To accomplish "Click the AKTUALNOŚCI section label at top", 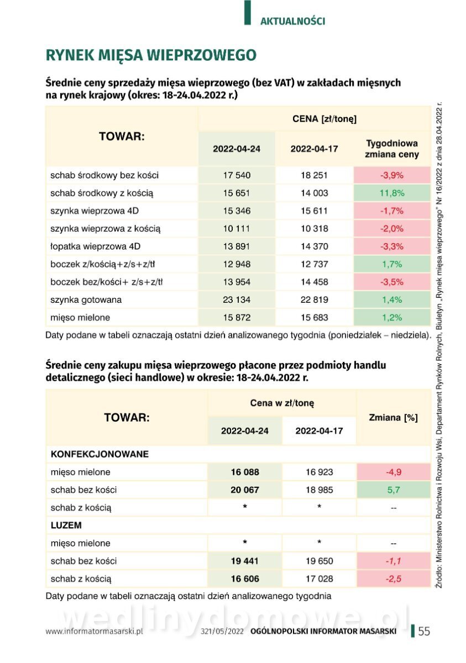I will [292, 21].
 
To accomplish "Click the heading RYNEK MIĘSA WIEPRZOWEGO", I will [151, 55].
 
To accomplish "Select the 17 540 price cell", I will [237, 176].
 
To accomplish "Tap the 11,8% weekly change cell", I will [392, 193].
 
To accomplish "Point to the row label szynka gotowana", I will [86, 300].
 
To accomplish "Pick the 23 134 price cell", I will [237, 300].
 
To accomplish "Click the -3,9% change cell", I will [392, 176].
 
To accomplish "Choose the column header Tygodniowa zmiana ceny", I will [392, 149].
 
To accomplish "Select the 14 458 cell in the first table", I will [314, 282].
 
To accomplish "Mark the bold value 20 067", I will [245, 490].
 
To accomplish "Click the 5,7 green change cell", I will [394, 490].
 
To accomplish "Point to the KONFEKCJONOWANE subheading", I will [100, 454].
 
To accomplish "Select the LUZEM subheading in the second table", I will [66, 525].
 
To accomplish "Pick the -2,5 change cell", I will [394, 578].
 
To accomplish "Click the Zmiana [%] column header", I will [393, 418].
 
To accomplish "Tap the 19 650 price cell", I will [319, 561].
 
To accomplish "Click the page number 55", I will [424, 632].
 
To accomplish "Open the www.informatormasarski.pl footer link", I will [95, 632].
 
